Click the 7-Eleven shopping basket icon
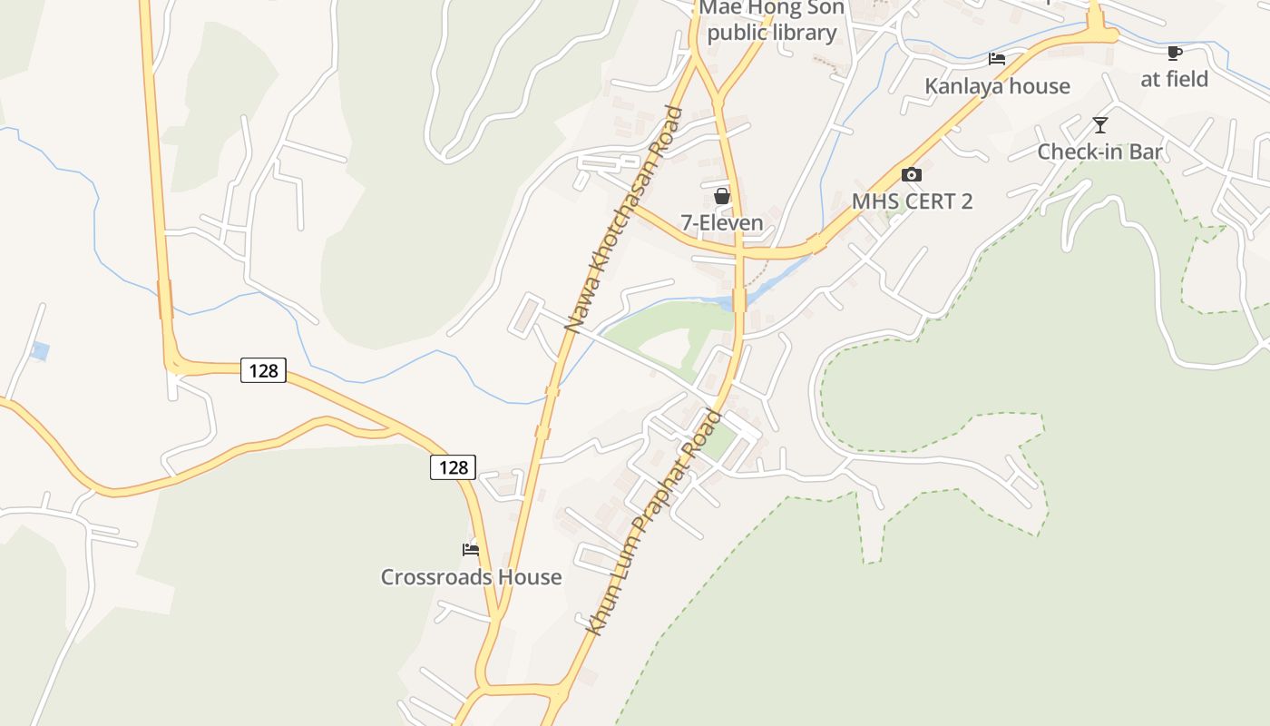click(722, 196)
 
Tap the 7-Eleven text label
click(722, 222)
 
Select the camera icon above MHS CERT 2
click(912, 174)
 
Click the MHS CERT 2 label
click(912, 201)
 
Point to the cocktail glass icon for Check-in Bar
click(1100, 125)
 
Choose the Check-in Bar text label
click(1099, 152)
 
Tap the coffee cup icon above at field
click(1175, 53)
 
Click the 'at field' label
click(1175, 79)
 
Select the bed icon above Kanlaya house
click(997, 59)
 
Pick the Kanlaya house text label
click(997, 86)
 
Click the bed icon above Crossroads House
click(471, 549)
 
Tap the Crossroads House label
click(471, 577)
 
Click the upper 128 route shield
click(263, 370)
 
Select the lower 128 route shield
click(453, 466)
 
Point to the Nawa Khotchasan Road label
click(624, 218)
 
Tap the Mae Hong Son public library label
click(771, 21)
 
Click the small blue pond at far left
click(39, 350)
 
